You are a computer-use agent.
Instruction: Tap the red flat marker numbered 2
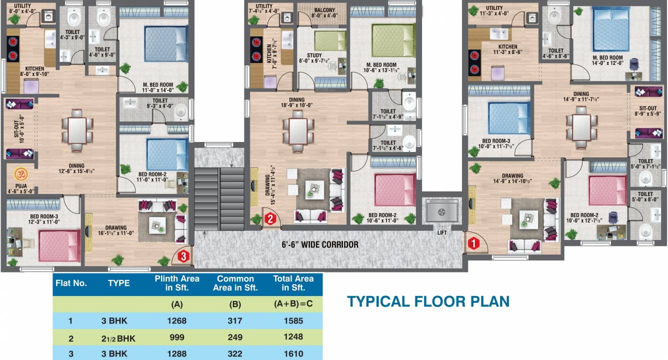click(269, 218)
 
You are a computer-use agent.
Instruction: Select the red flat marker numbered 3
click(183, 256)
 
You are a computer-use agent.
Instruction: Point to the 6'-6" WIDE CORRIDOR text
click(320, 244)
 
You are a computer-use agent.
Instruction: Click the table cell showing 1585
click(293, 320)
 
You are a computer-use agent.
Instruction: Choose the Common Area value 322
click(235, 353)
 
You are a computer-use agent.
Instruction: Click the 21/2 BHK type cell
click(118, 338)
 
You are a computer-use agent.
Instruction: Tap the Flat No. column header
click(71, 283)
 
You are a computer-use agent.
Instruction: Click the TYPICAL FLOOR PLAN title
click(428, 301)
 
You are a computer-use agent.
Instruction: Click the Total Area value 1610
click(293, 353)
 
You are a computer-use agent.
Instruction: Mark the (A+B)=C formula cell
click(293, 304)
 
